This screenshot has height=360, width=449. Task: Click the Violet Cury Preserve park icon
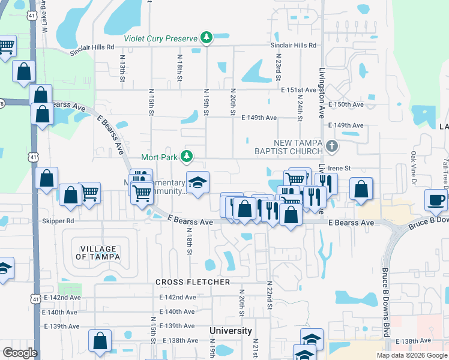pos(206,38)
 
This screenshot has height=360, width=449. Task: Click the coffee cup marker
pos(435,200)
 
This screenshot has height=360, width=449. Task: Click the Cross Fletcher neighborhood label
pos(193,282)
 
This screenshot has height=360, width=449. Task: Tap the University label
pos(231,331)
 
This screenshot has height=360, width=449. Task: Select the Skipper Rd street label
pos(58,221)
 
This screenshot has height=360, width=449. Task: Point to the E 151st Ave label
pos(298,90)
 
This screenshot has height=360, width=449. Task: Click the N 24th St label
pos(299,109)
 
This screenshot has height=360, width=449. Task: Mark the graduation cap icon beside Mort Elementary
pos(196,182)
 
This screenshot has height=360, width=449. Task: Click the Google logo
pos(20,353)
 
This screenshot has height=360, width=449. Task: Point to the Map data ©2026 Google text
pos(412,355)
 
